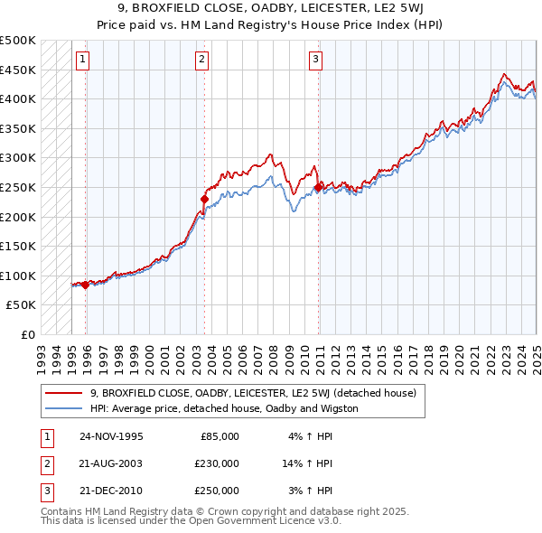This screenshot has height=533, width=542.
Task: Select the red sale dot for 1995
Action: [x=86, y=285]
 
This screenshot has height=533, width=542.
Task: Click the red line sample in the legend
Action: [x=63, y=393]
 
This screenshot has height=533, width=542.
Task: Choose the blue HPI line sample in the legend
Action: [x=63, y=408]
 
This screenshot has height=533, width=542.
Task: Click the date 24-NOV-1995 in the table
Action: [x=111, y=435]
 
